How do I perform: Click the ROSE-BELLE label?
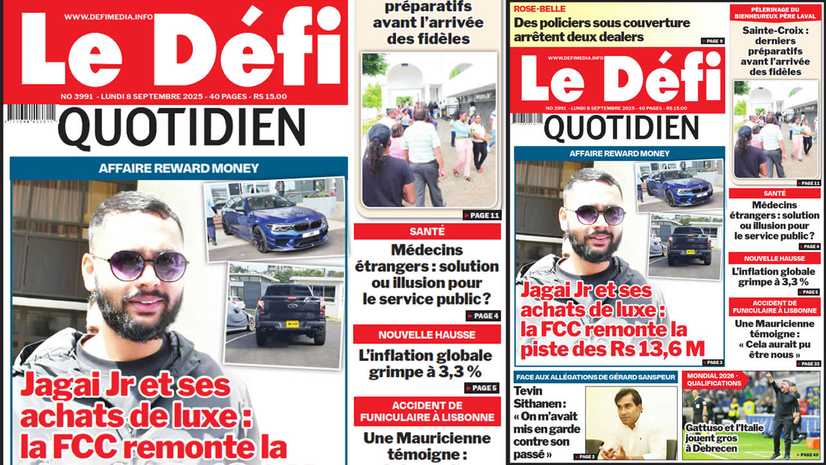point(539,9)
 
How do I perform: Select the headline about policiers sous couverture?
point(601,30)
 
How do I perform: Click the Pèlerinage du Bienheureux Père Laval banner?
point(775,12)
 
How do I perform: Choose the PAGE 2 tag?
point(586,457)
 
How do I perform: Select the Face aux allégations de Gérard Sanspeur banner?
point(595,377)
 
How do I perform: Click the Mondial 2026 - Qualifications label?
point(714,378)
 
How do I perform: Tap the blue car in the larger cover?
point(274,223)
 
